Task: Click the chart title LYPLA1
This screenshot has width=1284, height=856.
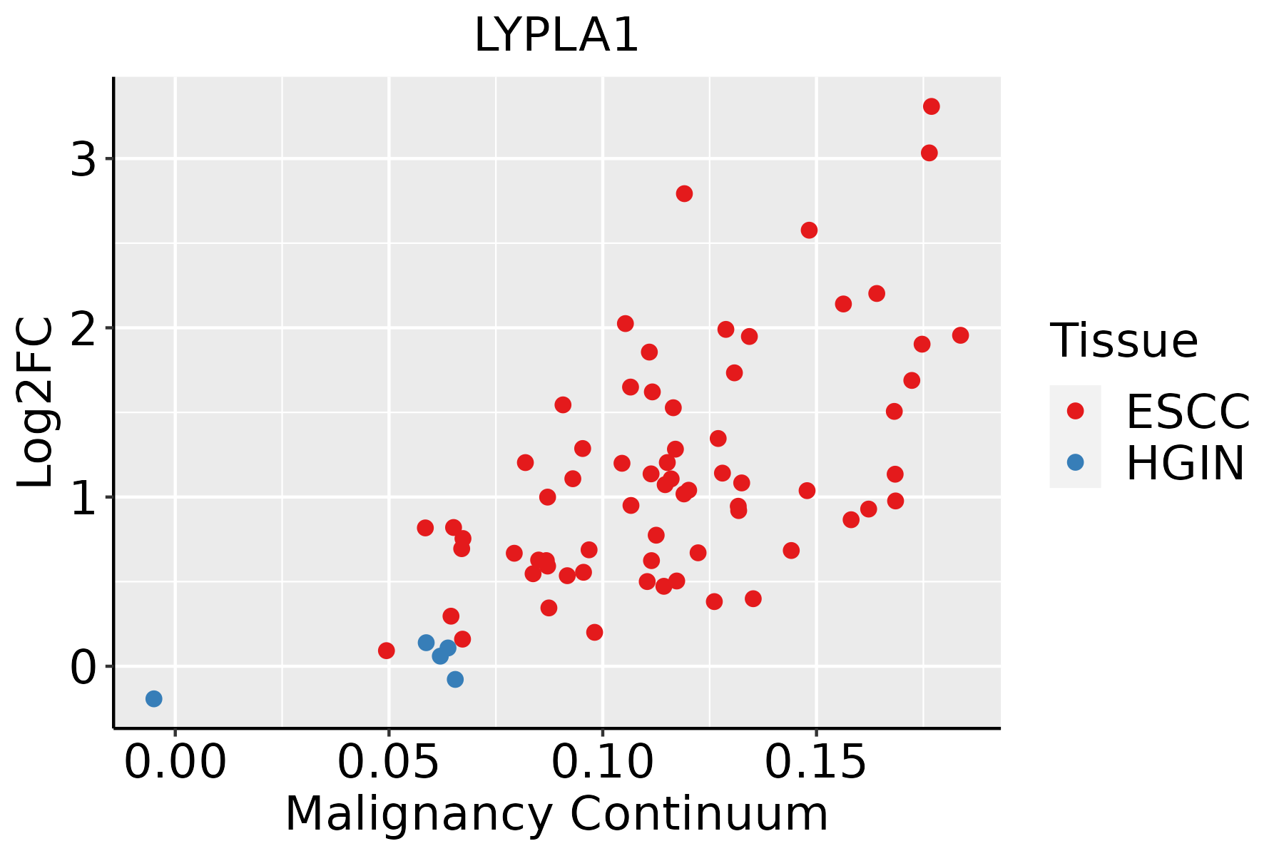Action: pyautogui.click(x=556, y=35)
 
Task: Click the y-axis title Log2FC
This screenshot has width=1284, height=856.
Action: pyautogui.click(x=36, y=402)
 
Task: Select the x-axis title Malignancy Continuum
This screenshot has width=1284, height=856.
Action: pyautogui.click(x=556, y=814)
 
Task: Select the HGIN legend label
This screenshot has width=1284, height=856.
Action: pyautogui.click(x=1185, y=462)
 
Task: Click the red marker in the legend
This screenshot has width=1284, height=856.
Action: pyautogui.click(x=1075, y=411)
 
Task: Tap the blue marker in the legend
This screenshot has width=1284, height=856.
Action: pyautogui.click(x=1075, y=462)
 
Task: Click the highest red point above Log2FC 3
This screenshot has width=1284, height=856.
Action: pyautogui.click(x=931, y=106)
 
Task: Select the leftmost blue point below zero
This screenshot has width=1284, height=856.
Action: pyautogui.click(x=154, y=698)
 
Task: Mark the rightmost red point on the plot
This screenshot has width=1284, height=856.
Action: pyautogui.click(x=960, y=335)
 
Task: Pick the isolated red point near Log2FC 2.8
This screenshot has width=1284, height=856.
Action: pyautogui.click(x=684, y=194)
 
